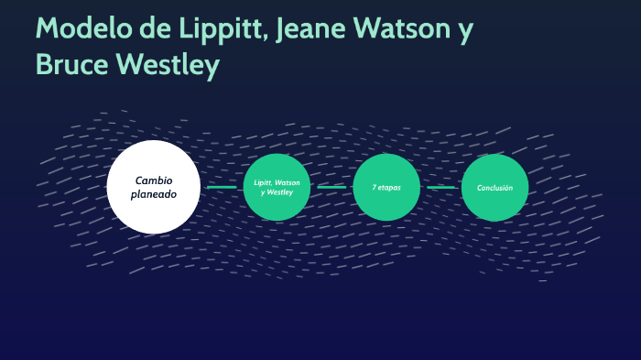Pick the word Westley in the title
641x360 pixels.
(x=173, y=64)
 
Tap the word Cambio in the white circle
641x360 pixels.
(x=154, y=180)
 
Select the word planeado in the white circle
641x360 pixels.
(x=154, y=194)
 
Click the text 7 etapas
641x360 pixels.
(x=386, y=187)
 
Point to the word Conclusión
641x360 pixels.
(x=494, y=187)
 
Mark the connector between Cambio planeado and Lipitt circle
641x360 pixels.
(x=222, y=187)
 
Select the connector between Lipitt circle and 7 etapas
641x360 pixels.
(x=331, y=187)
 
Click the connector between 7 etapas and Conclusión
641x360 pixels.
(x=440, y=187)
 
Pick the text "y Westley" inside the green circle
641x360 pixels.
(x=277, y=193)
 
